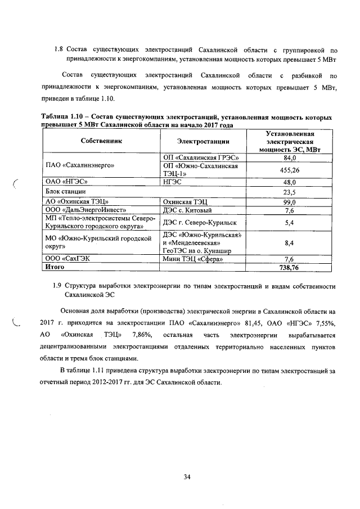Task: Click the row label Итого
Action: click(55, 268)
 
